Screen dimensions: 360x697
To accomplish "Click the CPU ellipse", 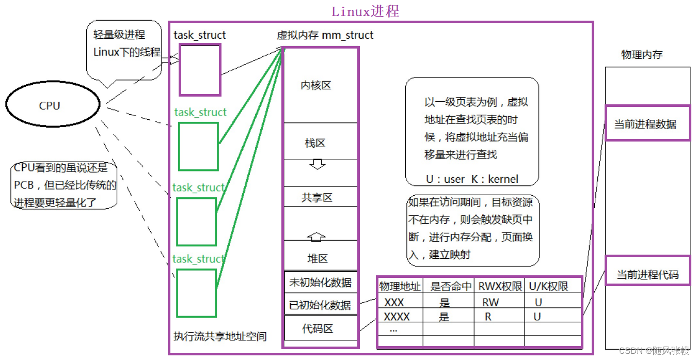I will pos(52,105).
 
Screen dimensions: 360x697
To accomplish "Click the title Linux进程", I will pos(365,11).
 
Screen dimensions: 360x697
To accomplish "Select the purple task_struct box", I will pos(200,69).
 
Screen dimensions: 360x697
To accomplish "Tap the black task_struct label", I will pos(200,35).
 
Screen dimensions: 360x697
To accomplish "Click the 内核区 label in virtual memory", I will pos(315,86).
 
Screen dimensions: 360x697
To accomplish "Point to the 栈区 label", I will pos(315,143).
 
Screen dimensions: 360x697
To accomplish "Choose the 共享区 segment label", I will pos(317,198).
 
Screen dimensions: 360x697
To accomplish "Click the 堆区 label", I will pos(317,258).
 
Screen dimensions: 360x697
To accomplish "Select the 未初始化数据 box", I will pos(320,282).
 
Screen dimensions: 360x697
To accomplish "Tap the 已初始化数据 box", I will pos(320,305).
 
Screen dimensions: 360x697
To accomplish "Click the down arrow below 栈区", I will pos(317,165).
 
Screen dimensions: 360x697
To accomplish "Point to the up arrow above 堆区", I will pos(316,237).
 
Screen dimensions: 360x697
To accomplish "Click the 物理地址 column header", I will pos(400,286).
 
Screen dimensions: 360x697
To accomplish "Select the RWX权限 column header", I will pos(499,286).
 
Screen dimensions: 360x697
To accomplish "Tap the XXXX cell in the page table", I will pos(397,316).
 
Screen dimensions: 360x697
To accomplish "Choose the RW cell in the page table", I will pos(490,302).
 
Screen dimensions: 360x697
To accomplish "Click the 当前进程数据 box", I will pos(647,123).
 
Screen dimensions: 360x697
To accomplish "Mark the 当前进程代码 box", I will pos(647,274).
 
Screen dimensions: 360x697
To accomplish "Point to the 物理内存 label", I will pos(642,55).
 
